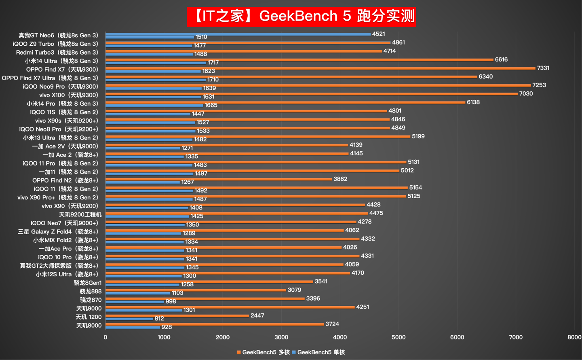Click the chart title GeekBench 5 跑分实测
click(301, 16)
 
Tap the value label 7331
click(543, 68)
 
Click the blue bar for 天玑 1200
click(129, 319)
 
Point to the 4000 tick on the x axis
click(340, 337)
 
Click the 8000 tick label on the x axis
click(574, 337)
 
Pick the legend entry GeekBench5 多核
click(263, 352)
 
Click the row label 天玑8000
click(89, 326)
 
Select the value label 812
click(159, 319)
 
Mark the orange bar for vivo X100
click(311, 94)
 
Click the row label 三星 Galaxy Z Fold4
click(58, 232)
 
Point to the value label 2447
click(257, 316)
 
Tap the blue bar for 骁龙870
click(135, 302)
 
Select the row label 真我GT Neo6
click(58, 36)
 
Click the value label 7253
click(539, 85)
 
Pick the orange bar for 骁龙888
click(196, 290)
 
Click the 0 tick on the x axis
click(105, 337)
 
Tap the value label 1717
click(213, 63)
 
